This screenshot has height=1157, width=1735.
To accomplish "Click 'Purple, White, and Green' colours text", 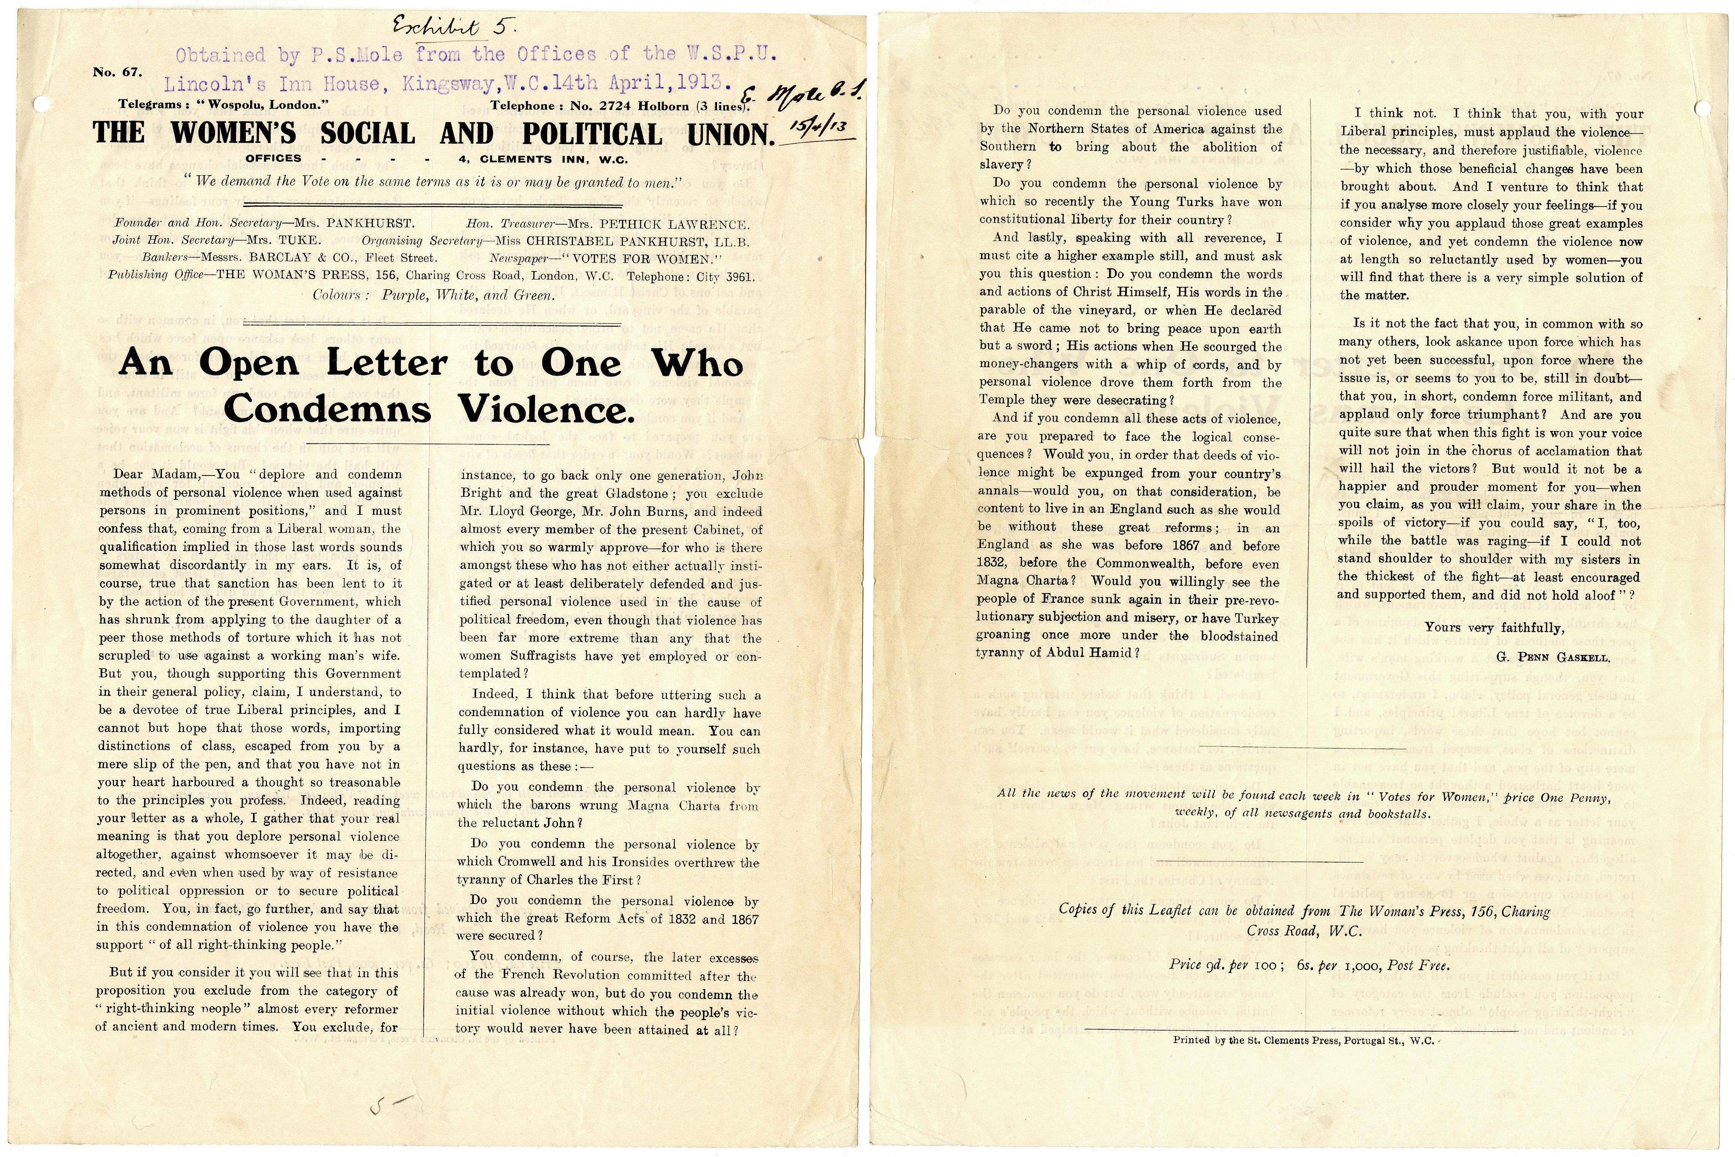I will click(x=467, y=295).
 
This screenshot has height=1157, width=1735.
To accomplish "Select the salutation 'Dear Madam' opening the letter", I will click(x=147, y=474).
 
